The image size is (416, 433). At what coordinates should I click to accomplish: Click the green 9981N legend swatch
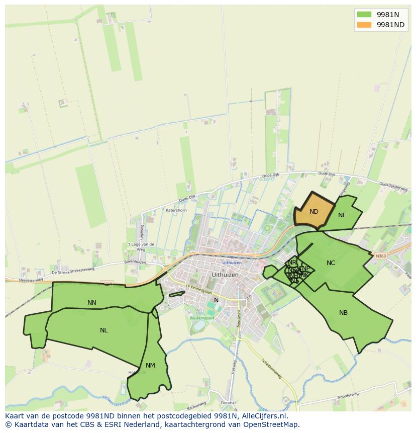[364, 14]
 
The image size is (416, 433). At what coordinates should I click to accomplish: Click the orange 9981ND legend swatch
[364, 25]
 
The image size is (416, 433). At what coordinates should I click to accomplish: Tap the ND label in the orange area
[314, 212]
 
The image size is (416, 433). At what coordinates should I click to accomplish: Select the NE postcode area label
[342, 215]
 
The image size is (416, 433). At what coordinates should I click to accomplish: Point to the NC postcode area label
[331, 263]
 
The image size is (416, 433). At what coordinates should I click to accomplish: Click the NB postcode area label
[343, 313]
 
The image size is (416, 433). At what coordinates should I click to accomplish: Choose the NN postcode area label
[92, 303]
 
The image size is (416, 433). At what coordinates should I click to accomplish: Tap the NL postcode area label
[103, 330]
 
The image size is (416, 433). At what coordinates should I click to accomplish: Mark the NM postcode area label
[150, 366]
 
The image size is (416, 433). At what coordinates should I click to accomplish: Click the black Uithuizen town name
[225, 275]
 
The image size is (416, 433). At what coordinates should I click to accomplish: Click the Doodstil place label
[229, 403]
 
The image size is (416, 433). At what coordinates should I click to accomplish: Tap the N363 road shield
[381, 255]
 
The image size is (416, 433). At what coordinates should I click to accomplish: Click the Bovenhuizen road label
[135, 262]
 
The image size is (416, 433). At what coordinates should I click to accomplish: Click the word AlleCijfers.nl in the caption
[263, 416]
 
